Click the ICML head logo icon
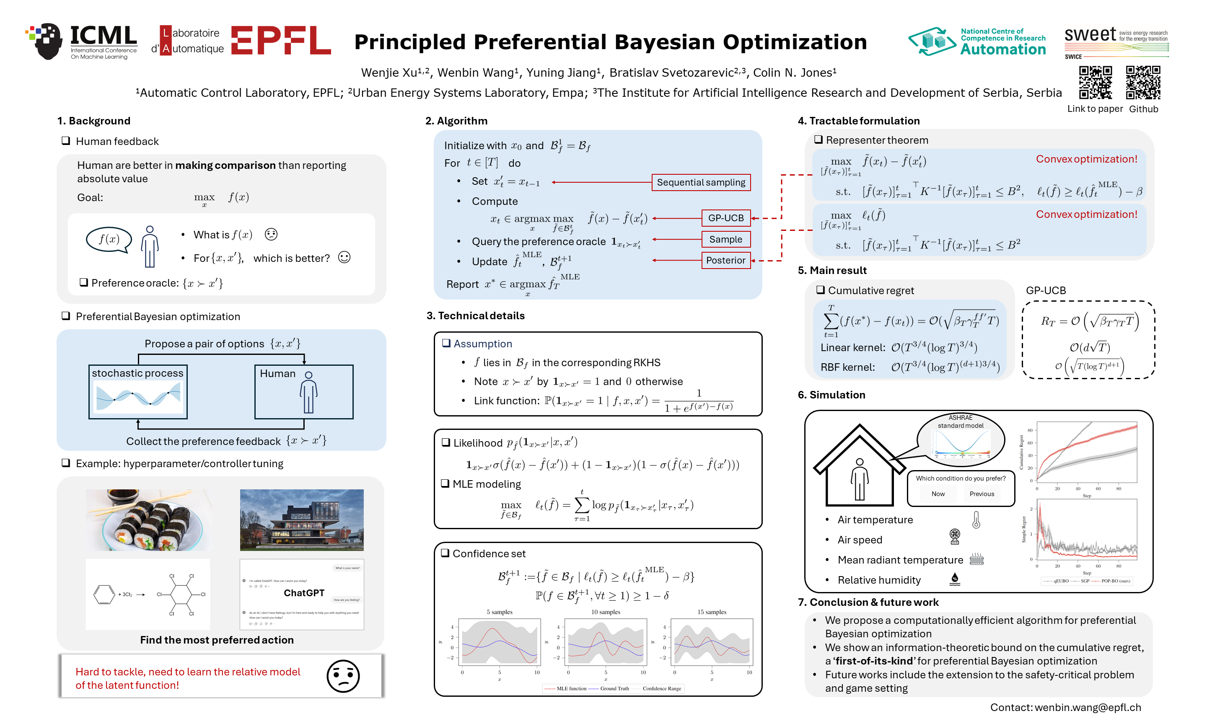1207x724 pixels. coord(47,41)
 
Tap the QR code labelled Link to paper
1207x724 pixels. coord(1095,83)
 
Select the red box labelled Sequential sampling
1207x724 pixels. coord(701,182)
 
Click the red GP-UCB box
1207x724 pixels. coord(725,218)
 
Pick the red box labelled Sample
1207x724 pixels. coord(725,240)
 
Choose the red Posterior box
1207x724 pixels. coord(725,261)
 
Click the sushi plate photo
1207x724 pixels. coord(149,520)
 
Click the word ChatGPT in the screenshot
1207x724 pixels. coord(304,593)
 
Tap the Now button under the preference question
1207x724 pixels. coord(938,494)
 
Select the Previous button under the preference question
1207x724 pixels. coord(982,494)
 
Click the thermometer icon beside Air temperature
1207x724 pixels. coord(976,520)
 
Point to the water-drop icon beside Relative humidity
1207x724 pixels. coord(955,579)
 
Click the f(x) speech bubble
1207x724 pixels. coord(109,240)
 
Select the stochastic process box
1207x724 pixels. coord(138,392)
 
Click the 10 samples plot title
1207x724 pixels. coord(606,612)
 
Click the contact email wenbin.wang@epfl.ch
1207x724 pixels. coord(1088,707)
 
